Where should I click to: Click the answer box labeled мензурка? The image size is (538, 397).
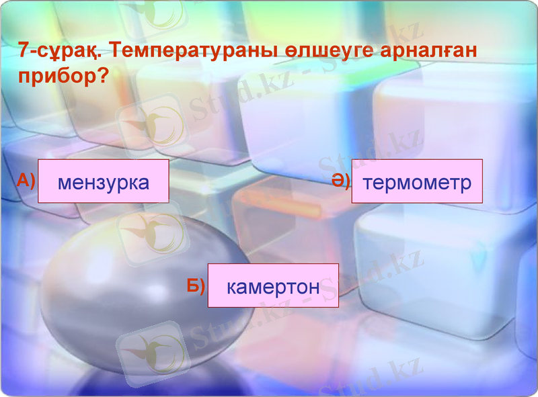click(103, 181)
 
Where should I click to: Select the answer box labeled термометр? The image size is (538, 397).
click(417, 181)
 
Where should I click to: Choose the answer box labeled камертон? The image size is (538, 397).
click(273, 285)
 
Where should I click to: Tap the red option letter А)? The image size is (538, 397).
click(26, 180)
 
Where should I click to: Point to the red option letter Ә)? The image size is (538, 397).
click(340, 180)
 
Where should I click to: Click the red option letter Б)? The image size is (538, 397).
click(196, 285)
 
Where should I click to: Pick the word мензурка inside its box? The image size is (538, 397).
click(104, 182)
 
